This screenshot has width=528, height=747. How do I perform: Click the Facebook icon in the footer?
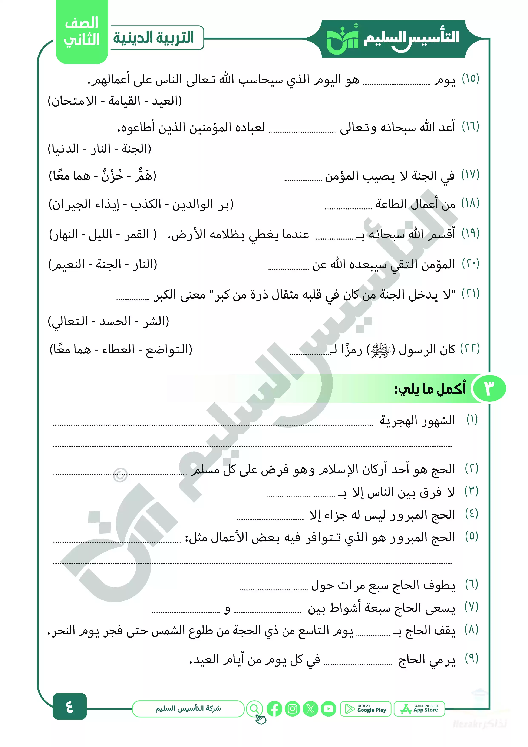[x=274, y=709]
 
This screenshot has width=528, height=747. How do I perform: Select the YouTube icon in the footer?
[x=329, y=709]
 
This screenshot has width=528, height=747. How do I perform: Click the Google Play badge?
[x=365, y=709]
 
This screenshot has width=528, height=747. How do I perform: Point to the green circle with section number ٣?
[x=489, y=388]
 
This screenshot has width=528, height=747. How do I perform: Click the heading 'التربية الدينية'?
[x=154, y=37]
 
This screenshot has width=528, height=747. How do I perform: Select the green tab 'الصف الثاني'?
[x=82, y=32]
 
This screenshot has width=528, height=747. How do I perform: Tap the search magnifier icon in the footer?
[x=255, y=709]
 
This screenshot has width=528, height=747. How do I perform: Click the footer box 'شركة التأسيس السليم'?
[x=188, y=709]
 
